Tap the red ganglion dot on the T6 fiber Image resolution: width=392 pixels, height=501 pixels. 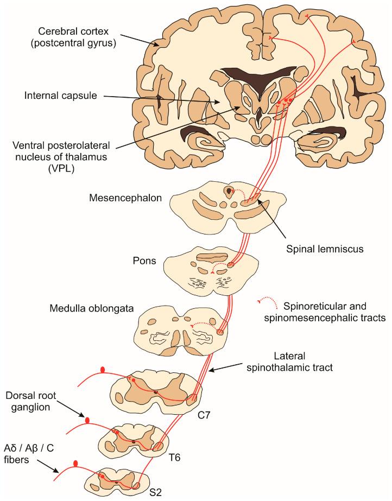(x=86, y=419)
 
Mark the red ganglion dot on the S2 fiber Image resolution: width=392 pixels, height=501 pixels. (x=75, y=463)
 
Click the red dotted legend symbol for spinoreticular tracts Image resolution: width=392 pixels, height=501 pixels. (x=264, y=301)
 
